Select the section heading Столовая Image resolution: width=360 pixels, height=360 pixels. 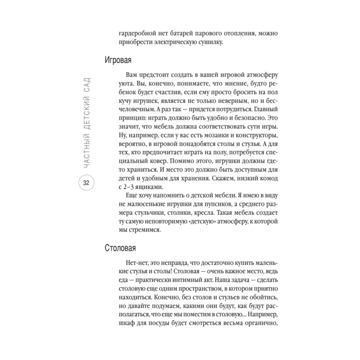120,248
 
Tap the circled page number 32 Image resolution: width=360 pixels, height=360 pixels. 86,183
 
